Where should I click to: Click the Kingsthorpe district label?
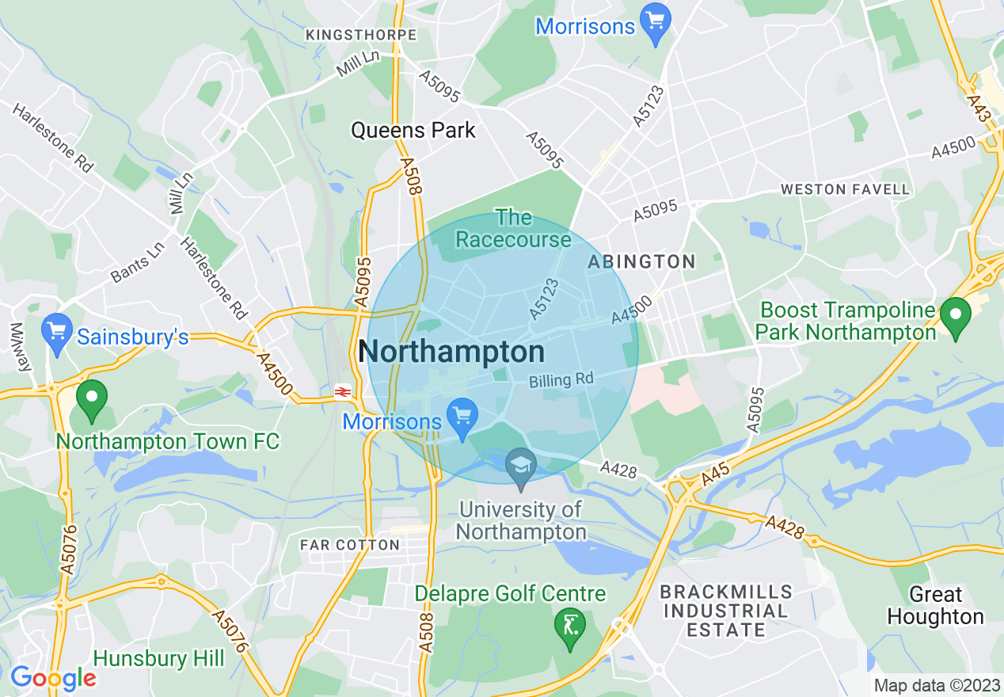[361, 36]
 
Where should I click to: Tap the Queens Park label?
[413, 130]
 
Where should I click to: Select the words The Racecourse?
[514, 228]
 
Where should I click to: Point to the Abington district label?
[642, 261]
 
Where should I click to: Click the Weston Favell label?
[846, 189]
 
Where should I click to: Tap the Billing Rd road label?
[561, 380]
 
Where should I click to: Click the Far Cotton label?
[350, 545]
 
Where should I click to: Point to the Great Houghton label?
[935, 606]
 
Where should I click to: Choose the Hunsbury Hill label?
[159, 659]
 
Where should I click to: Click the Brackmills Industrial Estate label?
[726, 611]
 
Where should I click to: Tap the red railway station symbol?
[343, 391]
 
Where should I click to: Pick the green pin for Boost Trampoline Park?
[956, 316]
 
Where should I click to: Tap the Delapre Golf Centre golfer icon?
[569, 626]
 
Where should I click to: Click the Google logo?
[53, 678]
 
